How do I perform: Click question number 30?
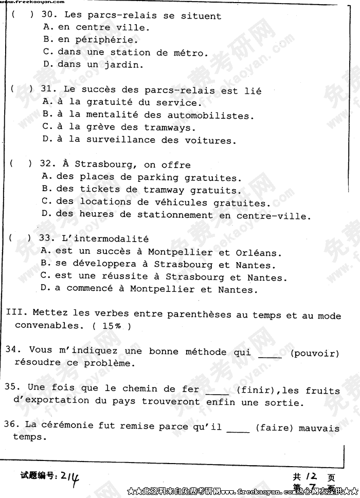tap(48, 16)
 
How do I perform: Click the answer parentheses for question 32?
tap(20, 164)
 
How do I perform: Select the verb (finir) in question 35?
tap(252, 391)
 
